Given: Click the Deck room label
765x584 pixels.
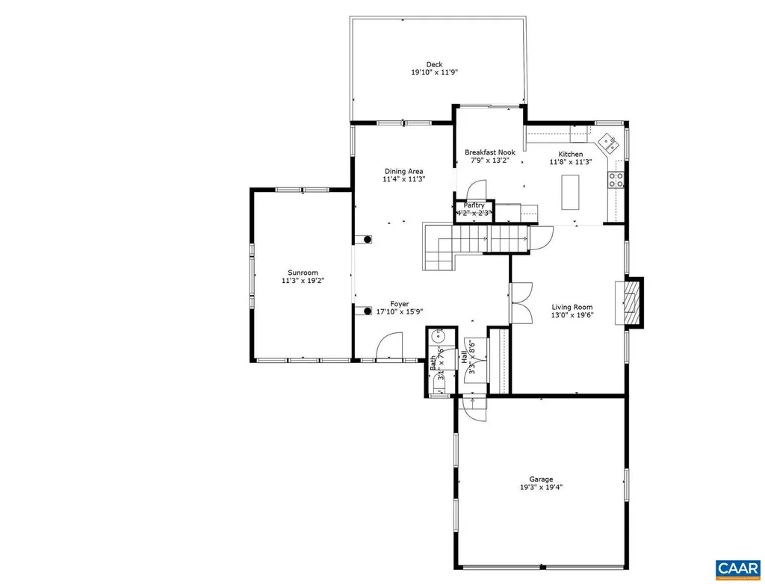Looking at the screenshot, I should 433,64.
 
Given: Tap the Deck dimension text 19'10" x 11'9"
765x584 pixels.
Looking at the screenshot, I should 433,73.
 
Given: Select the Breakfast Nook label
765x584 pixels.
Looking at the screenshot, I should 490,152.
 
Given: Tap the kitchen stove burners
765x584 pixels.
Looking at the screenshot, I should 617,179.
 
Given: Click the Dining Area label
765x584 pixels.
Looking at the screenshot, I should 403,171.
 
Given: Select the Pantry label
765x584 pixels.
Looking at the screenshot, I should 474,205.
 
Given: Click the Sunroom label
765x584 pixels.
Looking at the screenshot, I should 303,273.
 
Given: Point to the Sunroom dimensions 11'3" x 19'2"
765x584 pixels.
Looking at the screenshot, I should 303,281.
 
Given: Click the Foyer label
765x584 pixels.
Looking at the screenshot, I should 399,304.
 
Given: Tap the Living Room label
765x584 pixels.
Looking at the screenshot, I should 572,307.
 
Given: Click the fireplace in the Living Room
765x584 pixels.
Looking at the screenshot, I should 631,302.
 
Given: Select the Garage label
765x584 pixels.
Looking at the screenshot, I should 542,479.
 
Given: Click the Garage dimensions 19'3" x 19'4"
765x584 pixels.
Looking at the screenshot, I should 542,488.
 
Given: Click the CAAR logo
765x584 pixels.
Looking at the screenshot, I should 737,569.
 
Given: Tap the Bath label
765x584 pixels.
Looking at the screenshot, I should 433,363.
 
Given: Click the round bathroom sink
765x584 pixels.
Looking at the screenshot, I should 438,337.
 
